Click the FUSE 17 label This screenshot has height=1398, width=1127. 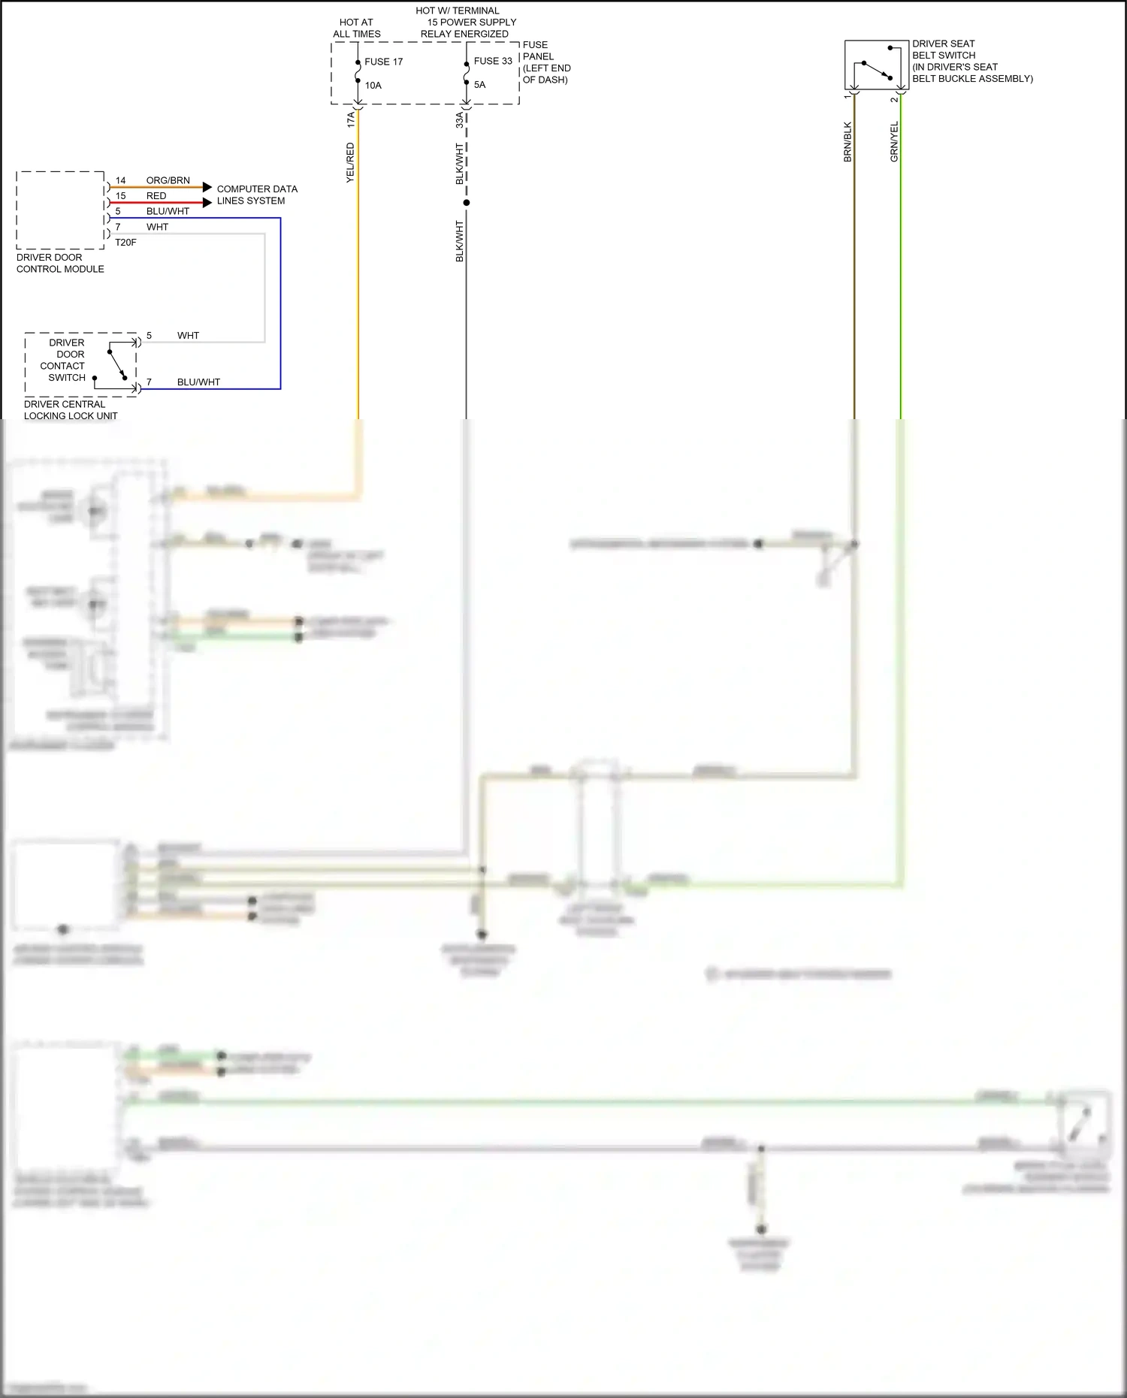pos(383,62)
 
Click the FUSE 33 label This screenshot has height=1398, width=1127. pos(493,61)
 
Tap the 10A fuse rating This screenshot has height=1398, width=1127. pos(373,86)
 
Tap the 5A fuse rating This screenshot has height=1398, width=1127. pos(479,85)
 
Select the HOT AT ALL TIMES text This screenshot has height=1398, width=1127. pos(356,28)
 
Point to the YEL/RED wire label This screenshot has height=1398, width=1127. pos(350,163)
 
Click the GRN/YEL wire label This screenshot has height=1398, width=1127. pos(894,141)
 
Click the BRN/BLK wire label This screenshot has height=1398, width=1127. pos(848,142)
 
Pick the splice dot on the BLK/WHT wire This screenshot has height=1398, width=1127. pos(467,203)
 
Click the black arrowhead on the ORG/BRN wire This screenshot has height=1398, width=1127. pos(207,187)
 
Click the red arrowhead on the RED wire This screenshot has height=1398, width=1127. pos(207,202)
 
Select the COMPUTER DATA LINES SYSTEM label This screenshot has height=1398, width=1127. pos(256,195)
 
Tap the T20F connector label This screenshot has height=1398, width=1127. pos(125,243)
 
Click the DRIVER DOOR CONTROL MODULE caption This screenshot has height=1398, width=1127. pos(60,263)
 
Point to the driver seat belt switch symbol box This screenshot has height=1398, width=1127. pos(876,65)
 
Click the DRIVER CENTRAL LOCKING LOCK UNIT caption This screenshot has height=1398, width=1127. pos(71,409)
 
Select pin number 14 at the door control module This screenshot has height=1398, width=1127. pos(120,181)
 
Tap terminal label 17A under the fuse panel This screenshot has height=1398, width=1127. pos(351,119)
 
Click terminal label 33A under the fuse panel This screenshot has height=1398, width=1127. pos(460,119)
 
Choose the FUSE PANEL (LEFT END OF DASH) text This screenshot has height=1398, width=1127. pos(546,62)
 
